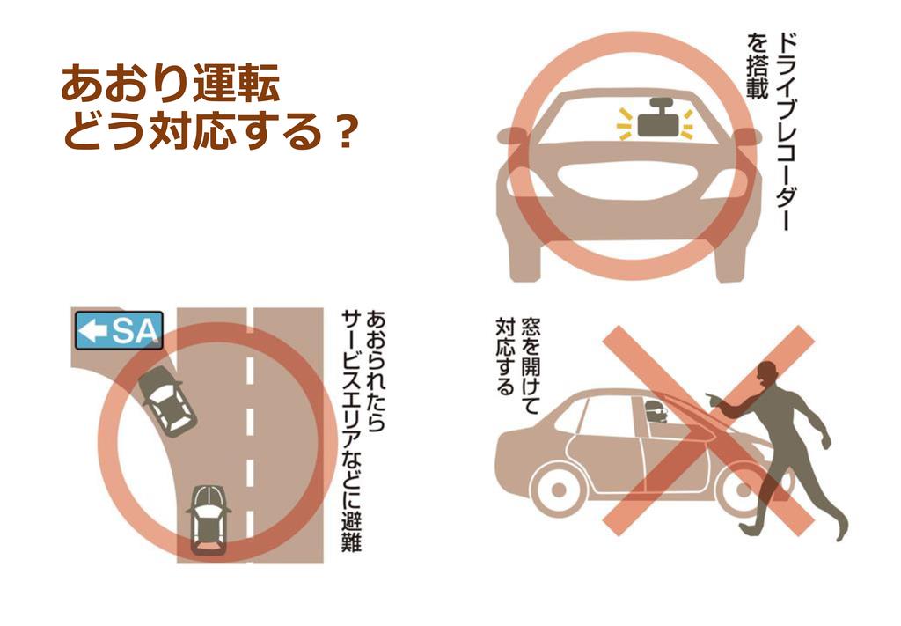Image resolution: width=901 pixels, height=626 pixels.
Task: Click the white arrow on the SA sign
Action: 92,331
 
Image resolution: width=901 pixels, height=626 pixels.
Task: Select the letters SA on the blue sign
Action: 134,331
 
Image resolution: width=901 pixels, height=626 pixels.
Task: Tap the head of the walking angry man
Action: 767,377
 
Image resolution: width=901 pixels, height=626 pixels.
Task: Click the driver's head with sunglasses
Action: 656,411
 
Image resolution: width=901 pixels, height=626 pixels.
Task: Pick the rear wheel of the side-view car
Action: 558,490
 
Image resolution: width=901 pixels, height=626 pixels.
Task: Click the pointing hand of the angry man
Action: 713,399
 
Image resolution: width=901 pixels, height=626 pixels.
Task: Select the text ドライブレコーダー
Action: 787,132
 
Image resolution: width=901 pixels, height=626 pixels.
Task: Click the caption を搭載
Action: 758,67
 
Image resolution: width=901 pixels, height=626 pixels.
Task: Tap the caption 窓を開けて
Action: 530,365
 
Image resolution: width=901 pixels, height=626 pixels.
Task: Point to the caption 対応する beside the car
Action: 504,357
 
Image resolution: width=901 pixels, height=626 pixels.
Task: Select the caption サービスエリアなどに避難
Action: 351,432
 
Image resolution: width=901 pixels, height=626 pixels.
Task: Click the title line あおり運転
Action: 171,85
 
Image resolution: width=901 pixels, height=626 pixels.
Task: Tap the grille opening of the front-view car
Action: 630,183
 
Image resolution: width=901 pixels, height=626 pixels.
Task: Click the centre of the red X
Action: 708,431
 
